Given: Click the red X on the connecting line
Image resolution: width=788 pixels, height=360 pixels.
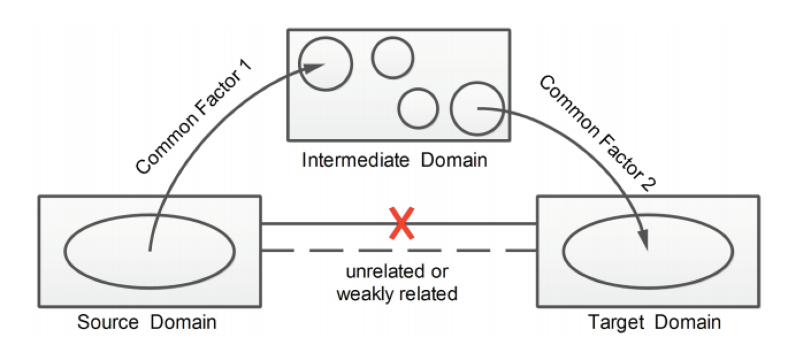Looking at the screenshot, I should (x=402, y=223).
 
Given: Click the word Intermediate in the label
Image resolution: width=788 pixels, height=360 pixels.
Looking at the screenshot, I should (x=355, y=159).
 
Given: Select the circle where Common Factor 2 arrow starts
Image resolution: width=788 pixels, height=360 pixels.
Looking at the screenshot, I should (x=477, y=108).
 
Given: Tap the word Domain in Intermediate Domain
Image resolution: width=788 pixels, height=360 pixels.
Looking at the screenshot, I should (x=454, y=159).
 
